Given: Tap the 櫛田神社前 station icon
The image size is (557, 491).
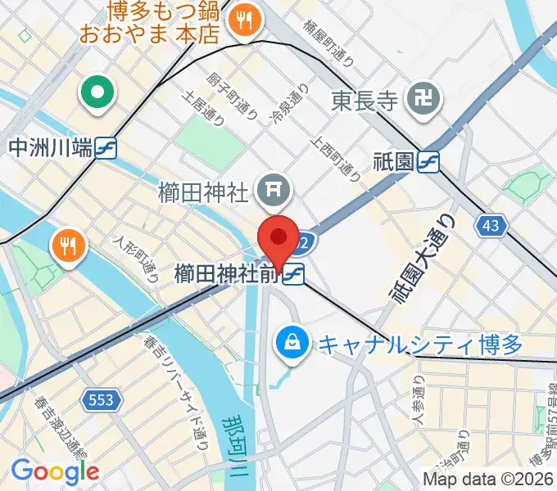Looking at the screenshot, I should point(294,275).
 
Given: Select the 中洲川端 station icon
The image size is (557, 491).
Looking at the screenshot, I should point(106,148).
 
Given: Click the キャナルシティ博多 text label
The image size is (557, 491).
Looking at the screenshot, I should point(419,345).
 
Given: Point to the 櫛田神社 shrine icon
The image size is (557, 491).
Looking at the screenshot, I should point(272,192).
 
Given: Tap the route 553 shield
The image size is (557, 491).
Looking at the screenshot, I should point(102,399).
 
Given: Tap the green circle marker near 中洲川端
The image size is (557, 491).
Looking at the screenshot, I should point(97,93).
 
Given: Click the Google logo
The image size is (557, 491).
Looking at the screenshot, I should point(55,471).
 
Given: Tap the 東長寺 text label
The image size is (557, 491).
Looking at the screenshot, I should point(365,101).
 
